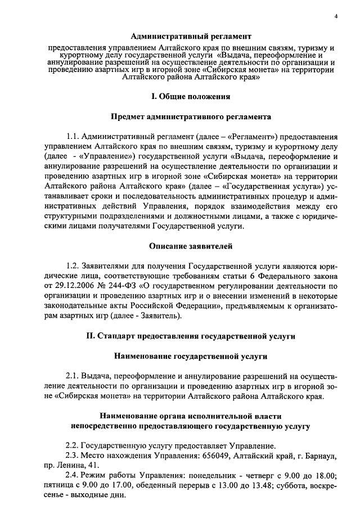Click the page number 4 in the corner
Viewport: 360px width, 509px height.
click(x=335, y=16)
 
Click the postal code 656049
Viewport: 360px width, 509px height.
click(x=228, y=456)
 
